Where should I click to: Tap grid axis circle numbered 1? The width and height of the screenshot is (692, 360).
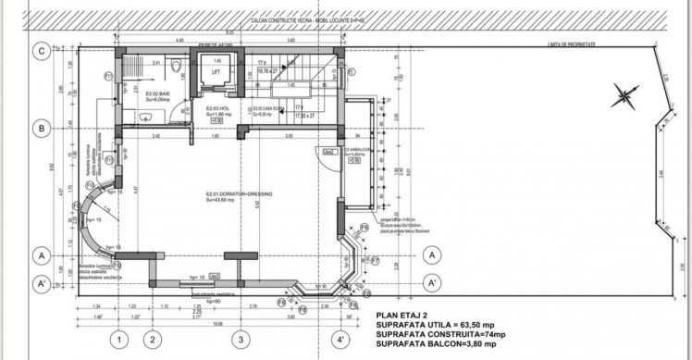[118, 340]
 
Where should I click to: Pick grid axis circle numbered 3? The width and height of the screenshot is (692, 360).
[240, 340]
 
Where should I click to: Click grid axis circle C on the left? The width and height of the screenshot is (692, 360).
[42, 52]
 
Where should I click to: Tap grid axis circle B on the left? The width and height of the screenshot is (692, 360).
[42, 129]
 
